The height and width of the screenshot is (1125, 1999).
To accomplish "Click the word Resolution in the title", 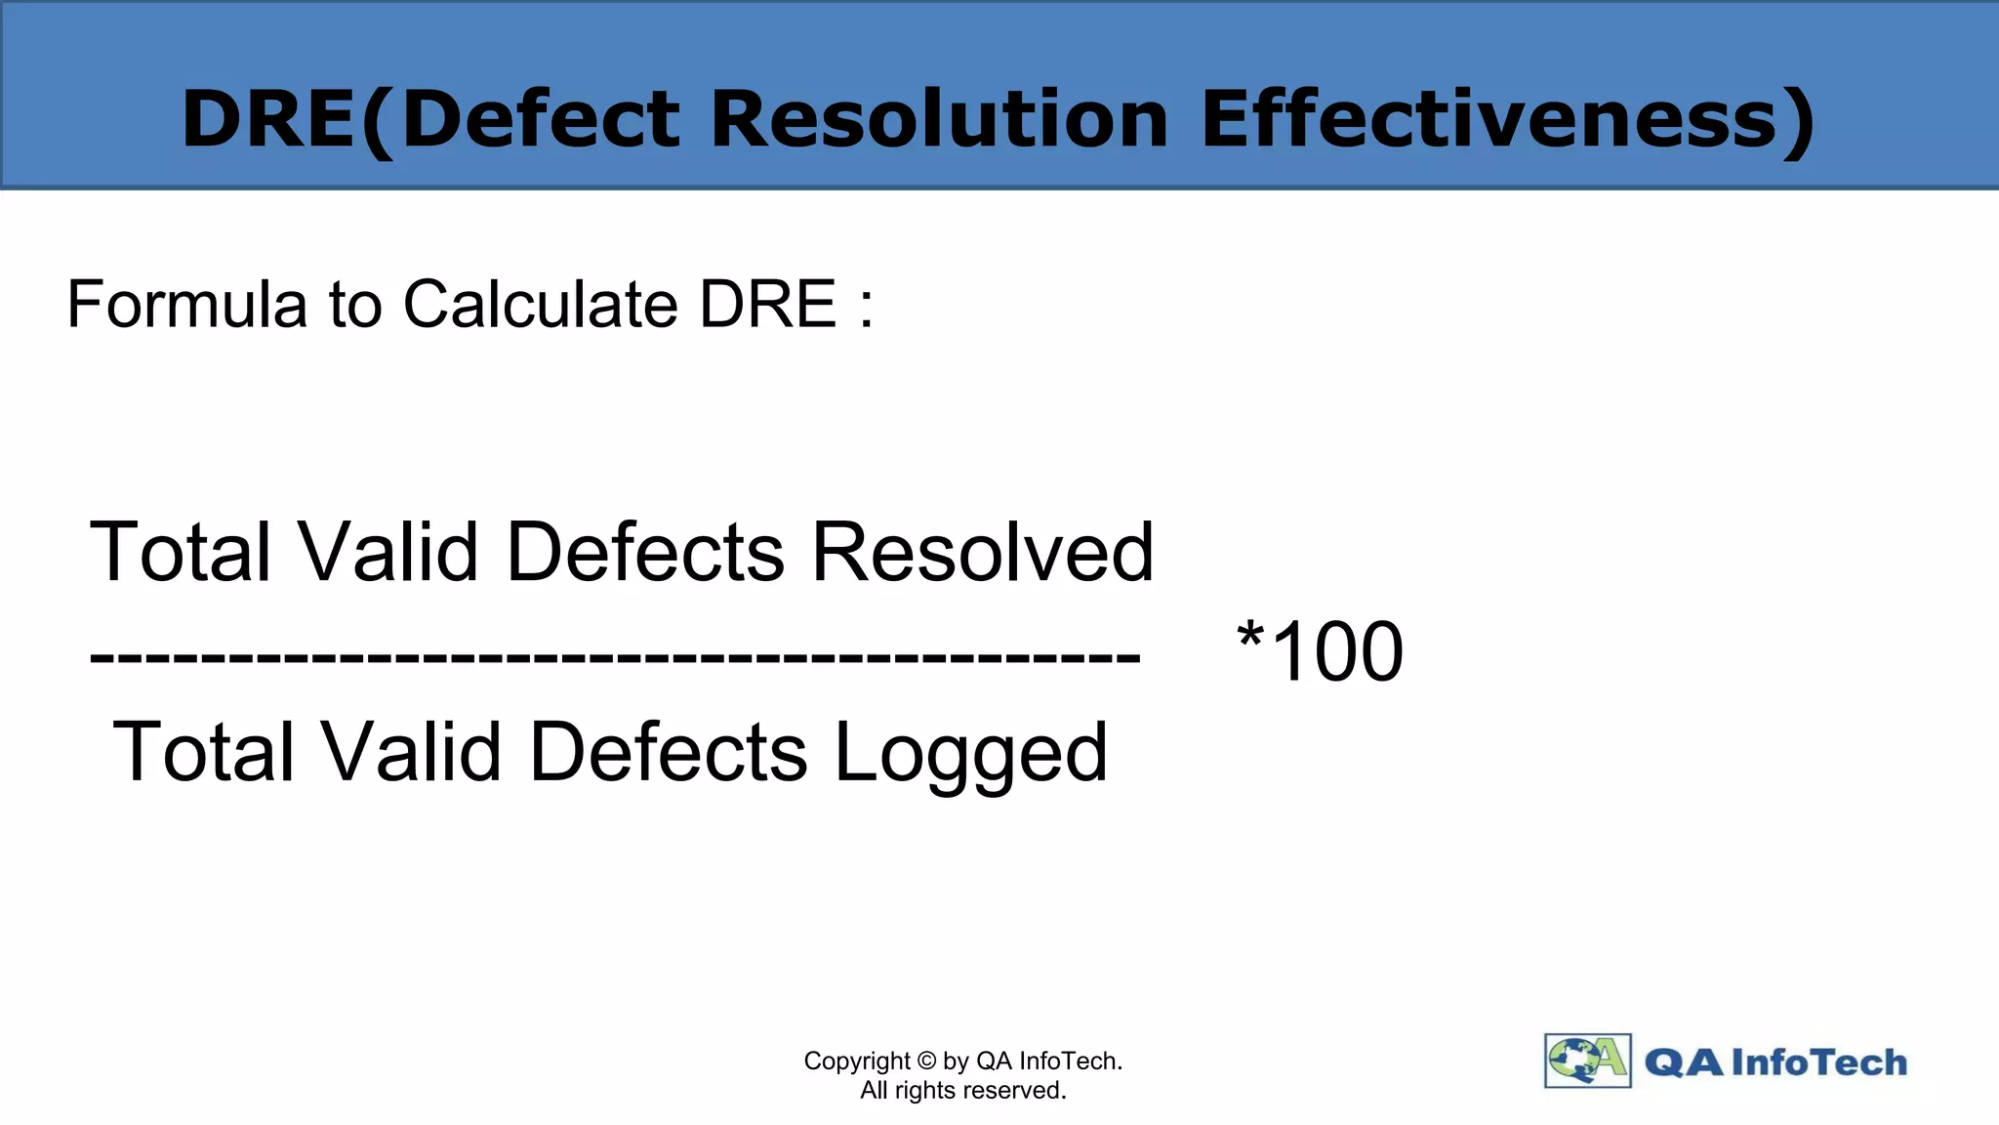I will [x=939, y=119].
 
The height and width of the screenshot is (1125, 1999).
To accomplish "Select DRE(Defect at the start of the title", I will [x=430, y=119].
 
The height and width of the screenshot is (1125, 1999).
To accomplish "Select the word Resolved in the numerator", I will [x=983, y=552].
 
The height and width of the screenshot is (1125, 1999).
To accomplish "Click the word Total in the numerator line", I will [x=180, y=552].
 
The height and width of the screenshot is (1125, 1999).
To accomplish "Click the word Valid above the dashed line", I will [x=388, y=552].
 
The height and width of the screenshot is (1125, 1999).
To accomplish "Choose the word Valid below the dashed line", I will [x=411, y=752].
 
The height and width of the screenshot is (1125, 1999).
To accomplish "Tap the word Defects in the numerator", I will [x=645, y=552].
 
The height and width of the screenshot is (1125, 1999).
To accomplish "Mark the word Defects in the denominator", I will [x=669, y=752].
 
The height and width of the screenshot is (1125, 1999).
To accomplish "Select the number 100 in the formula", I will [x=1338, y=652].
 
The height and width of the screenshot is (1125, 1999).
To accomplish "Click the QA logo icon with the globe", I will [x=1587, y=1061].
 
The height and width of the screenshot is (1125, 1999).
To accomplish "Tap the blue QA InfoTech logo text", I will [x=1775, y=1062].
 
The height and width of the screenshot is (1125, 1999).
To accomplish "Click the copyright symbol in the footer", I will [x=926, y=1061].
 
